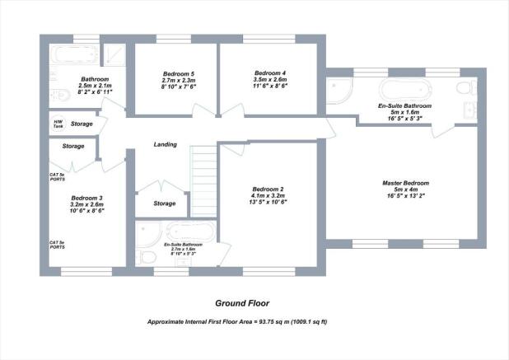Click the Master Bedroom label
click(x=405, y=183)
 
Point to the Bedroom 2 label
click(x=268, y=189)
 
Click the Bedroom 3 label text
click(x=86, y=198)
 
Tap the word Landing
click(x=166, y=144)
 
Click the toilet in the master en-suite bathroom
click(x=464, y=87)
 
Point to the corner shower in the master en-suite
click(x=339, y=91)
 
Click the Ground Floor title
click(x=242, y=302)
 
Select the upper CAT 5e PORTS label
click(x=58, y=178)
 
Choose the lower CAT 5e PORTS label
click(x=58, y=245)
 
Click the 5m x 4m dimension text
click(x=405, y=190)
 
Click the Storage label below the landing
click(x=165, y=203)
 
